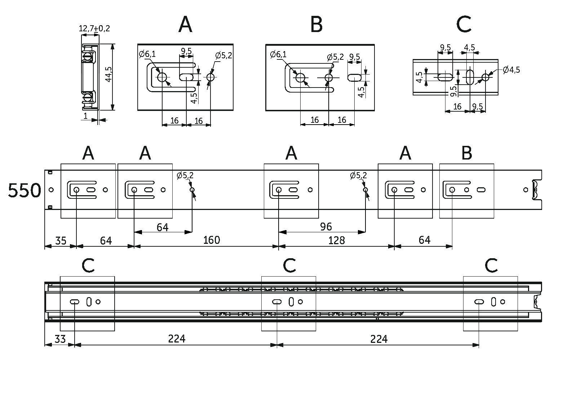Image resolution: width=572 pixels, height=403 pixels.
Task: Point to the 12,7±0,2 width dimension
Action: coord(94,28)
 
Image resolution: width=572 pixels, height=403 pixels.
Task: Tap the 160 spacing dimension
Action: coord(212,240)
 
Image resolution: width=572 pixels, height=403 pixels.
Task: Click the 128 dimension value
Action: coord(337,240)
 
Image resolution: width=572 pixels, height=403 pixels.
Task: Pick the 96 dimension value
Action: coord(326,227)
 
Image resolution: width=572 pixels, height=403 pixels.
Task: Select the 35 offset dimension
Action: coord(60,240)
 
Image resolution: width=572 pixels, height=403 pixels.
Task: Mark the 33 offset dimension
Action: coord(60,339)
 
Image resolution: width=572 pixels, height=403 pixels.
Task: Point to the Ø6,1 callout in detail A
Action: coord(147,54)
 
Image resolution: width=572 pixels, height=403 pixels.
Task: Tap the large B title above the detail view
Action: coord(316,25)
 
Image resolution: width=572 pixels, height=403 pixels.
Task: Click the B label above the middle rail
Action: coord(467,153)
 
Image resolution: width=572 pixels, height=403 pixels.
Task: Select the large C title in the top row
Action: coord(464,25)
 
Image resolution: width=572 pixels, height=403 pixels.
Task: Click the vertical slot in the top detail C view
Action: coord(470,77)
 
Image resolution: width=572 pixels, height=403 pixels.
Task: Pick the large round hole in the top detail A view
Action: coord(162,77)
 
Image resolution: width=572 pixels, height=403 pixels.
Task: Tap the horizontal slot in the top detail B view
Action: coord(355,77)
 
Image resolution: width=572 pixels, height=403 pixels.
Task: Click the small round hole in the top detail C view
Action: coord(485,77)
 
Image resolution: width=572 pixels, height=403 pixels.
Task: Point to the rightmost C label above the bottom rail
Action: coord(491,266)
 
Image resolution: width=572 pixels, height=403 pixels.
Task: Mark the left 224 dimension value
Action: coord(177,339)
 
